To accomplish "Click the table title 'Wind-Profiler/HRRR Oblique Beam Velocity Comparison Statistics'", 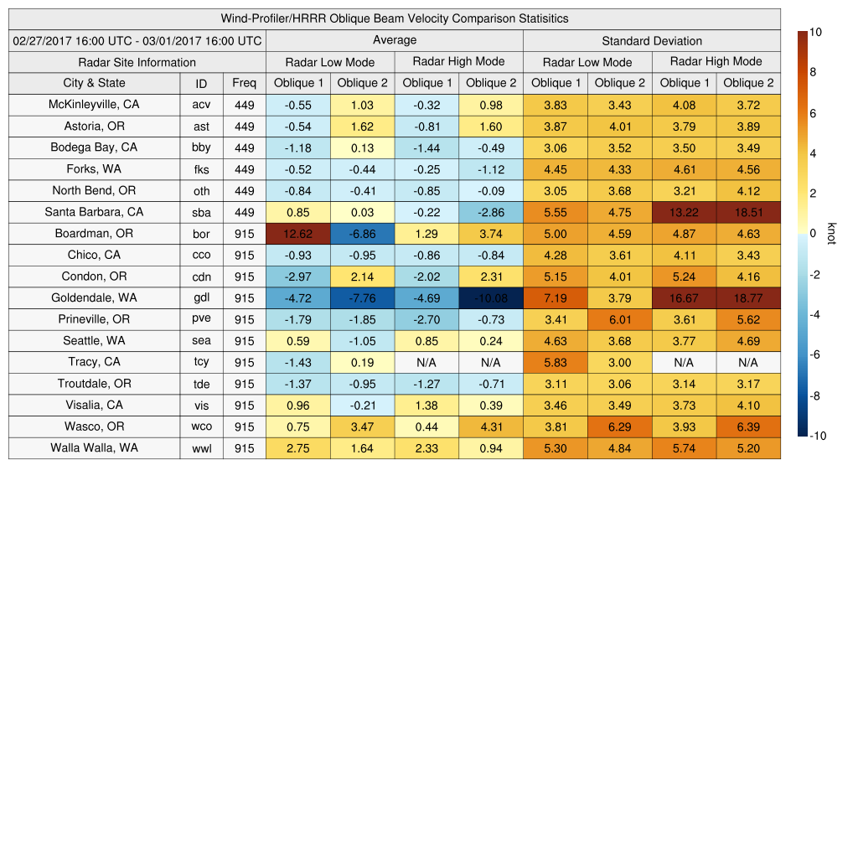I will [x=395, y=18].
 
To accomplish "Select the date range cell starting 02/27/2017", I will [x=137, y=40].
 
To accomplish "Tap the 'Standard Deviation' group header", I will [x=651, y=40].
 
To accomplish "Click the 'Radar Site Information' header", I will [x=137, y=62].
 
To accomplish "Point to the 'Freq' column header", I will [x=244, y=83].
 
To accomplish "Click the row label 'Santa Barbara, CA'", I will [x=94, y=212].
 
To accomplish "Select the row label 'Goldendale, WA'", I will [x=94, y=297].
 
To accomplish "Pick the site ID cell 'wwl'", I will [x=201, y=448].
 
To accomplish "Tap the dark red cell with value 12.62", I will [x=297, y=234].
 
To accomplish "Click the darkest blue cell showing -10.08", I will [x=490, y=297].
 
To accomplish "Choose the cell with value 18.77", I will [x=748, y=297].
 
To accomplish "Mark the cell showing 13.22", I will [x=684, y=212].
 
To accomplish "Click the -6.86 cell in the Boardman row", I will [x=362, y=234].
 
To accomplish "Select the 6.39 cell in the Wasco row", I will [x=748, y=426].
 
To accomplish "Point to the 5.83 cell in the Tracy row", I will [x=555, y=362].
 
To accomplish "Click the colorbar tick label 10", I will [x=815, y=32].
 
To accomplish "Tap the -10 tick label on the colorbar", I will [x=817, y=436].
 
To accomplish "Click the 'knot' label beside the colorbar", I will [x=831, y=233].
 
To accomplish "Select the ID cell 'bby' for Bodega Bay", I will [x=201, y=147].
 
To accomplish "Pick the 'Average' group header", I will [x=394, y=40].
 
